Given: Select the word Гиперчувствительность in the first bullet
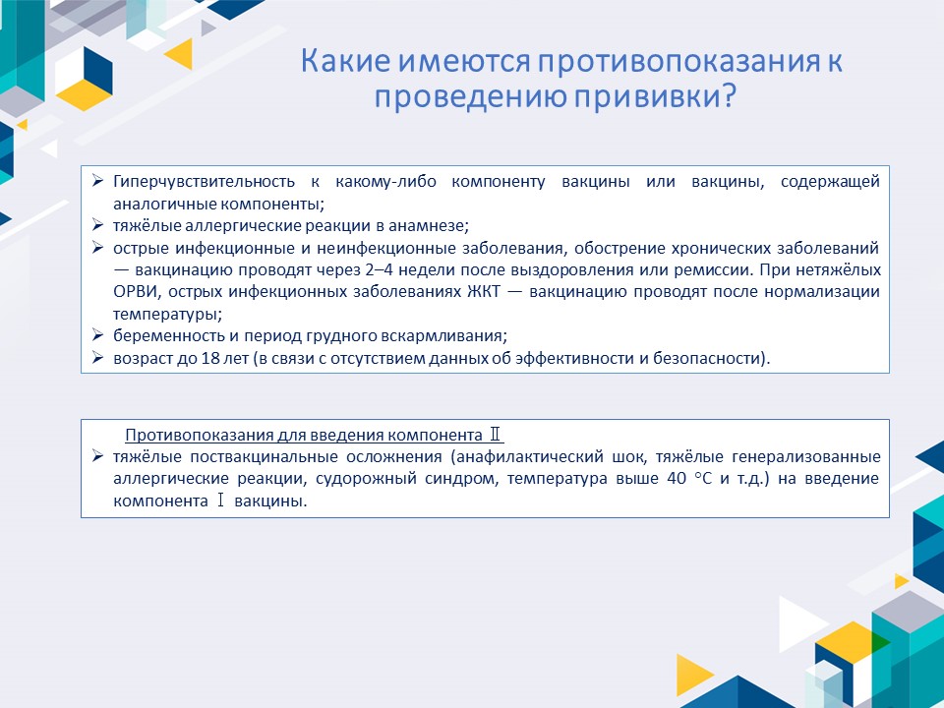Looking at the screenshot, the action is tap(205, 182).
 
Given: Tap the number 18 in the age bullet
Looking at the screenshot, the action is tap(210, 358).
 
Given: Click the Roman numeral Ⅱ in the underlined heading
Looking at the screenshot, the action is tap(495, 435).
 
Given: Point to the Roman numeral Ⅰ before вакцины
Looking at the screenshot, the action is tap(220, 501).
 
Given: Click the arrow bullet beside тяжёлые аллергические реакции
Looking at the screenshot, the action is tap(97, 225).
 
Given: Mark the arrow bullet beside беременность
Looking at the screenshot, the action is tap(97, 335).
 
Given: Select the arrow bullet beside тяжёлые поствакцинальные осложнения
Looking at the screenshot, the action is tap(97, 455).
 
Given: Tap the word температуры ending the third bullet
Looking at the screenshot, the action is tap(167, 315).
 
